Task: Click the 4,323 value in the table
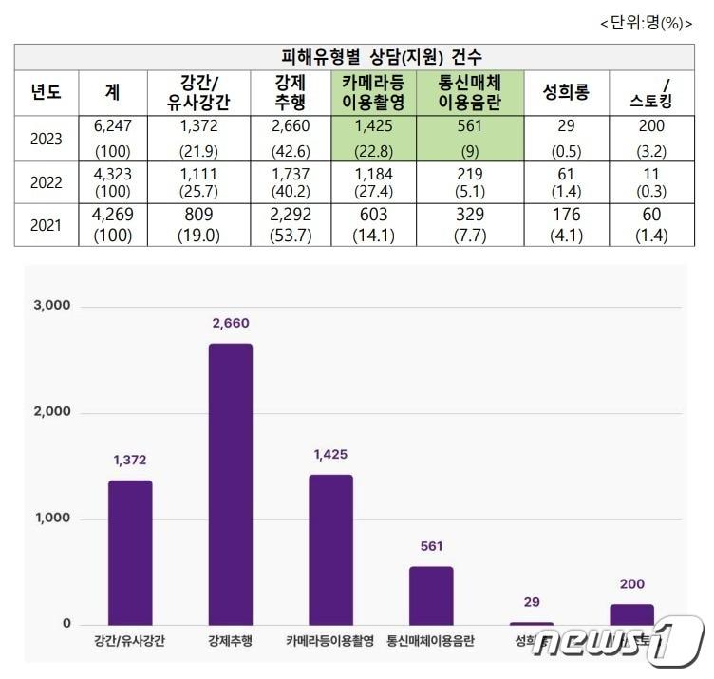(113, 174)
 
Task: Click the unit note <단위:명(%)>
(645, 24)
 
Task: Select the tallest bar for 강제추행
(231, 484)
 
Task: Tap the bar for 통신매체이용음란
(431, 595)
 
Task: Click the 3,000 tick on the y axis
(53, 307)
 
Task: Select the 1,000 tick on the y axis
(53, 519)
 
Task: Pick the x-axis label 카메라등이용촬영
(331, 642)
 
